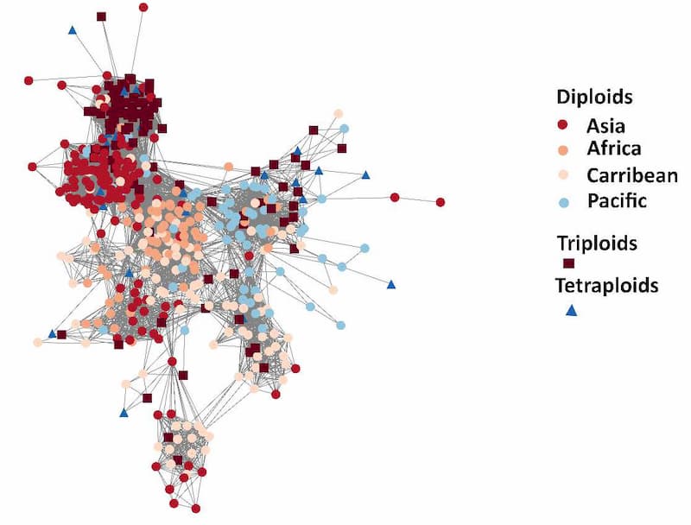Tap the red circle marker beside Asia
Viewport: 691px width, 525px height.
562,124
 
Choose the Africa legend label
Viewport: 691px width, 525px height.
613,149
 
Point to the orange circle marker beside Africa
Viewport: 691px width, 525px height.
562,149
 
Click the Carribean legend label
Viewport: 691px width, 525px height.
632,175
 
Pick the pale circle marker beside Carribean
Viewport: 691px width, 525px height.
562,175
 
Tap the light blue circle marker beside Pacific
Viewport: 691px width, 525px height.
562,201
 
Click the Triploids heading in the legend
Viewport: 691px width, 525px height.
597,244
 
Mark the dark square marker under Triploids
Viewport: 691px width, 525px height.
568,263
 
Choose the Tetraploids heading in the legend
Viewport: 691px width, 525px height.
607,286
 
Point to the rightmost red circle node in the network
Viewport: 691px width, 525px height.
441,202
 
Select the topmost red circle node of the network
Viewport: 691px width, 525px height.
143,7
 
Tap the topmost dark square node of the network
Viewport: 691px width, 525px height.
101,16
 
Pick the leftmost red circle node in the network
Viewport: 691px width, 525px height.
29,80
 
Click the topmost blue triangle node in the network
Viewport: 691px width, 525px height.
72,30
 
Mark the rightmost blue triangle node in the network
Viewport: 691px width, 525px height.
391,284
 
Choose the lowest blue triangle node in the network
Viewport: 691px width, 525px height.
124,413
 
